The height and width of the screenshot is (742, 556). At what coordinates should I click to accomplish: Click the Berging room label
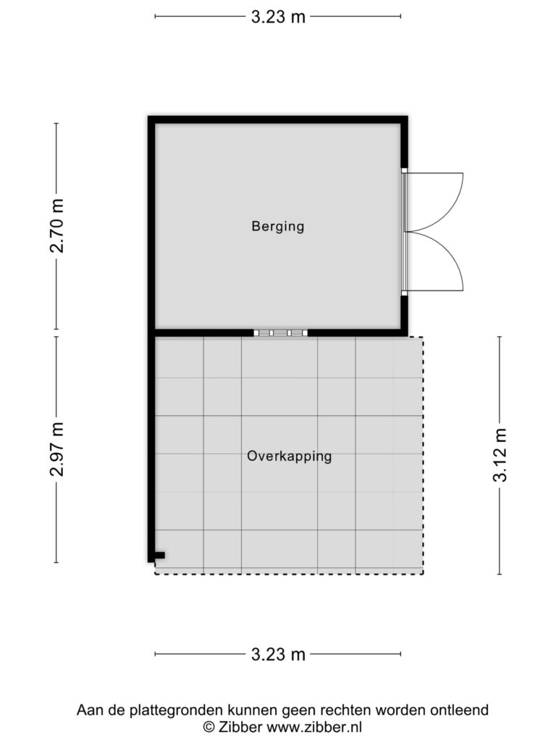277,226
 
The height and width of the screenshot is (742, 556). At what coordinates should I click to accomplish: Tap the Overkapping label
290,457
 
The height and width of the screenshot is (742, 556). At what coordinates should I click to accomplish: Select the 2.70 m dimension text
56,226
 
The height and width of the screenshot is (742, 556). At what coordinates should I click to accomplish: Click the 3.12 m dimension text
500,455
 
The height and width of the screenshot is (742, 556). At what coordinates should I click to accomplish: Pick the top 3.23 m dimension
278,17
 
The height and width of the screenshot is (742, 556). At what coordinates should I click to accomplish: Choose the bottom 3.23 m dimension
278,655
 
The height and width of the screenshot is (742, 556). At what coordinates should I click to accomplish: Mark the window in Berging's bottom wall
280,333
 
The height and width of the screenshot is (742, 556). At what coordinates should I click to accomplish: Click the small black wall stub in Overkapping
160,555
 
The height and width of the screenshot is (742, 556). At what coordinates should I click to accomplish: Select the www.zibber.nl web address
314,726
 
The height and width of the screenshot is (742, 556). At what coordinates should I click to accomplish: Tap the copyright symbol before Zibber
209,727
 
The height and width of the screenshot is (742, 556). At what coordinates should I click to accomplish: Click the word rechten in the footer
345,710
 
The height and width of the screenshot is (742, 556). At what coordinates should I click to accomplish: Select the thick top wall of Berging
278,120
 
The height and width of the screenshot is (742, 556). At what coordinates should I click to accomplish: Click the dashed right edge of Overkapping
423,455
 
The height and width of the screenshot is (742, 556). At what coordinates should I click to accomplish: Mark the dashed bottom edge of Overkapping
289,574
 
